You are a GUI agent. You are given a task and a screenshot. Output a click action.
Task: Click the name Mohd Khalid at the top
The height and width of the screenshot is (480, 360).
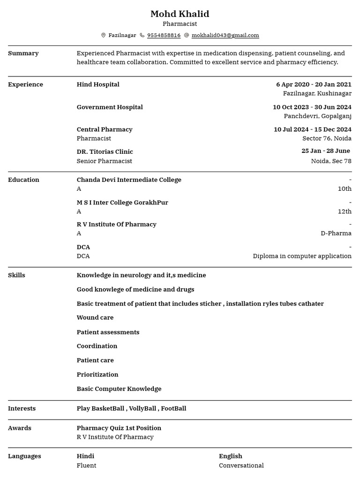(x=180, y=14)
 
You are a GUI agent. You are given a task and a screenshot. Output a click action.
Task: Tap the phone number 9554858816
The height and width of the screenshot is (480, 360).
(x=164, y=35)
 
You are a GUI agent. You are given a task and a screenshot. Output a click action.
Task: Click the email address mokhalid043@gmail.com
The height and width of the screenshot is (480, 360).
(x=225, y=35)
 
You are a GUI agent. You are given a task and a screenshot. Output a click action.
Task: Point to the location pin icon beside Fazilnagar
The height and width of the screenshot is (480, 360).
(x=104, y=35)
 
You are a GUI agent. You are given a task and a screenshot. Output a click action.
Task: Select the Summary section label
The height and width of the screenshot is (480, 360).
(x=23, y=53)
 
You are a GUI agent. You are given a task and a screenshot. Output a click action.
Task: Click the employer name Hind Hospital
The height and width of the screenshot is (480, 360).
(x=98, y=84)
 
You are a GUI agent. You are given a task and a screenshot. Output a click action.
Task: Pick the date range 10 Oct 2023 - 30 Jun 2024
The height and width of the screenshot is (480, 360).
(x=312, y=107)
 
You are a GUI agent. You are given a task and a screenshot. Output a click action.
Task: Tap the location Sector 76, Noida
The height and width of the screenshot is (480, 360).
(x=327, y=138)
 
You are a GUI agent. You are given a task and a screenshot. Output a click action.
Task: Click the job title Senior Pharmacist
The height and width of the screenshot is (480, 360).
(x=104, y=161)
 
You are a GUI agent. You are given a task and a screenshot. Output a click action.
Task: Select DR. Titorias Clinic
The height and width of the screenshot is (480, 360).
(x=105, y=152)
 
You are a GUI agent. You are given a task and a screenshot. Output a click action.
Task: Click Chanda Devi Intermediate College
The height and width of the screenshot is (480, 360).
(x=129, y=180)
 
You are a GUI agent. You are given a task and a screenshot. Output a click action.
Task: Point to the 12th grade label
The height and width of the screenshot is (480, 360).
(x=345, y=211)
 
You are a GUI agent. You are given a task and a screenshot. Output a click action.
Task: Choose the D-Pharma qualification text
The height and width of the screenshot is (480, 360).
(x=336, y=233)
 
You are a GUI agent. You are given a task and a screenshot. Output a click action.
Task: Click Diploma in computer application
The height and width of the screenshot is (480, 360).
(x=302, y=256)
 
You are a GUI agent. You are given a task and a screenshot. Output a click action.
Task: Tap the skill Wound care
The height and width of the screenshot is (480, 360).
(x=95, y=317)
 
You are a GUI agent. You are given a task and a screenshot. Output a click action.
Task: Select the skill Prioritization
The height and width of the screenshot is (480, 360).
(x=97, y=375)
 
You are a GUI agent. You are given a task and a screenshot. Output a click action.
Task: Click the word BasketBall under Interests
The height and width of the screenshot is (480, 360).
(x=108, y=408)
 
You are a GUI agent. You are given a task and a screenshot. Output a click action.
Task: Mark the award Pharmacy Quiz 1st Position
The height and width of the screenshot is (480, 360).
(x=119, y=428)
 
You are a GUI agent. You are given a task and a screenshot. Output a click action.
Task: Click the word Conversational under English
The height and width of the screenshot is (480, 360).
(x=241, y=465)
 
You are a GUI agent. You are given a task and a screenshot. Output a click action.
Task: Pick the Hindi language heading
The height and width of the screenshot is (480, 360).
(x=85, y=456)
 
